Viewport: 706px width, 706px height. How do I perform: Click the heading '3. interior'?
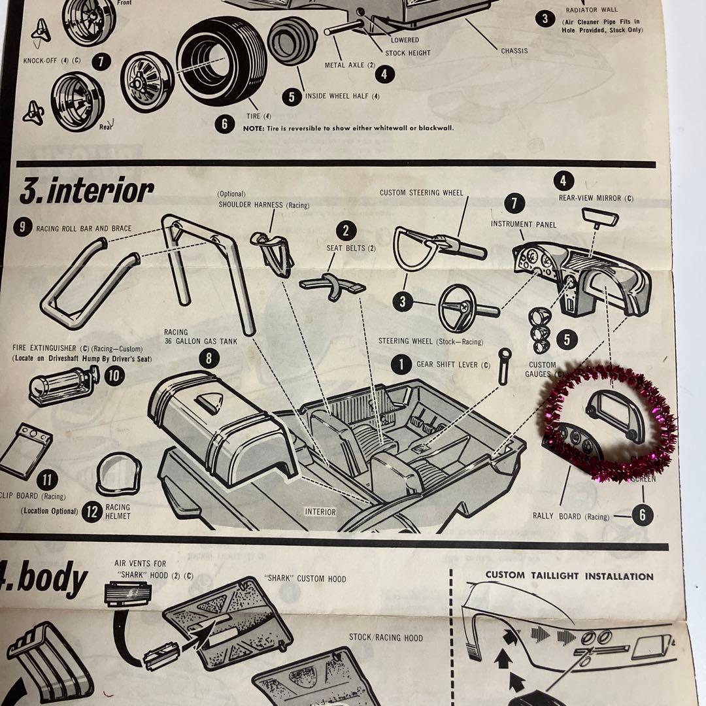pos(87,192)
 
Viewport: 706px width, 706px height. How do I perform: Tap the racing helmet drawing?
pos(118,474)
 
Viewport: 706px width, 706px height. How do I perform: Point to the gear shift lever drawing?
pos(504,367)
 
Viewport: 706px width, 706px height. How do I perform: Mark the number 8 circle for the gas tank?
pos(209,358)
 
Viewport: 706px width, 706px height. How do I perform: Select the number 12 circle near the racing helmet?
pos(92,512)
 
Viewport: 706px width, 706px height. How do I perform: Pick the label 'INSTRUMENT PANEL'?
pos(524,225)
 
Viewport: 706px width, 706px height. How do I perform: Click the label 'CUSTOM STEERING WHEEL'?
pos(421,193)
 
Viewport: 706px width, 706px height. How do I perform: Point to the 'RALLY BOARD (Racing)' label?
pos(571,516)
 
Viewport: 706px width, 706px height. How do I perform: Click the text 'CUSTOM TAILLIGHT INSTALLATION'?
pos(569,576)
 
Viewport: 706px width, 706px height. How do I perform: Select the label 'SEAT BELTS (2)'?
pos(351,248)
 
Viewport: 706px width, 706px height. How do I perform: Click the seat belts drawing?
pos(333,285)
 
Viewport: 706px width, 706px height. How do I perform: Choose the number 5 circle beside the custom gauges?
pos(566,339)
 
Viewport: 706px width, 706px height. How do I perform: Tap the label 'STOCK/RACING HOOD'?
pos(386,637)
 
